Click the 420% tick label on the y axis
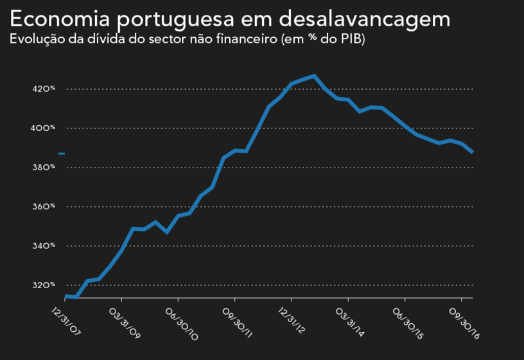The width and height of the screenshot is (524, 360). pyautogui.click(x=44, y=89)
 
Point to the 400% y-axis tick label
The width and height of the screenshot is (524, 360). pyautogui.click(x=44, y=128)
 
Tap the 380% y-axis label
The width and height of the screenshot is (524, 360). pyautogui.click(x=44, y=167)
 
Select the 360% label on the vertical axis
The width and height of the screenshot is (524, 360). pyautogui.click(x=44, y=207)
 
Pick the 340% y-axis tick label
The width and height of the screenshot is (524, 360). pyautogui.click(x=44, y=246)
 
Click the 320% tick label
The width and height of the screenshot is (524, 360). pyautogui.click(x=44, y=285)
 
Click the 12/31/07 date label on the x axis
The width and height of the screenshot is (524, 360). pyautogui.click(x=66, y=316)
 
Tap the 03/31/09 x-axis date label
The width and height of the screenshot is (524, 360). pyautogui.click(x=123, y=321)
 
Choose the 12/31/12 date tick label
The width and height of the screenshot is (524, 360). pyautogui.click(x=293, y=321)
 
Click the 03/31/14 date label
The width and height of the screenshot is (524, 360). pyautogui.click(x=349, y=321)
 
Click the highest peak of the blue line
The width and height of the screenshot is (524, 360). pyautogui.click(x=314, y=76)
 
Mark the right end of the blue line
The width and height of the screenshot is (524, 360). pyautogui.click(x=472, y=152)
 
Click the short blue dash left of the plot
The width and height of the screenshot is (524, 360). pyautogui.click(x=62, y=153)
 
